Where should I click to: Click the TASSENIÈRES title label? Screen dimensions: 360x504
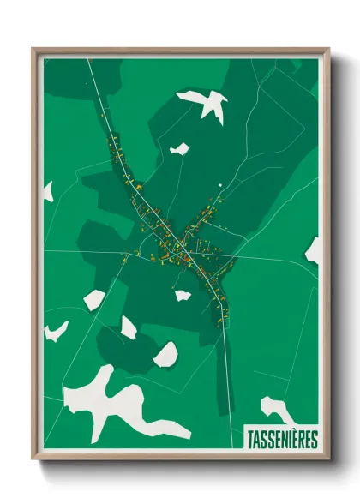click(282, 440)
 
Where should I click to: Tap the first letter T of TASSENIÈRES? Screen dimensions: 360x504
click(249, 440)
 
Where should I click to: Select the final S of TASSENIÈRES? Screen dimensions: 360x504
click(315, 440)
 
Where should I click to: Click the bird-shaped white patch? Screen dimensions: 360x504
click(206, 104)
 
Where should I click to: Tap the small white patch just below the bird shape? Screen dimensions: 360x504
click(180, 149)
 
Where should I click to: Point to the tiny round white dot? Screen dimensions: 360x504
click(220, 184)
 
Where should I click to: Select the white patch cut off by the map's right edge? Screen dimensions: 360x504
click(314, 249)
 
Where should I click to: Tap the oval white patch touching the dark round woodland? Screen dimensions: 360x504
click(165, 354)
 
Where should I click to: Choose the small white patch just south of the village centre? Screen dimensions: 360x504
click(183, 296)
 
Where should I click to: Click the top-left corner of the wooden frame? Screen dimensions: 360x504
click(33, 49)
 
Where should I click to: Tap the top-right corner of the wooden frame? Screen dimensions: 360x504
click(328, 49)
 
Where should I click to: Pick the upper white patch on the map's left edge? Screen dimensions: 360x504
click(48, 191)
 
